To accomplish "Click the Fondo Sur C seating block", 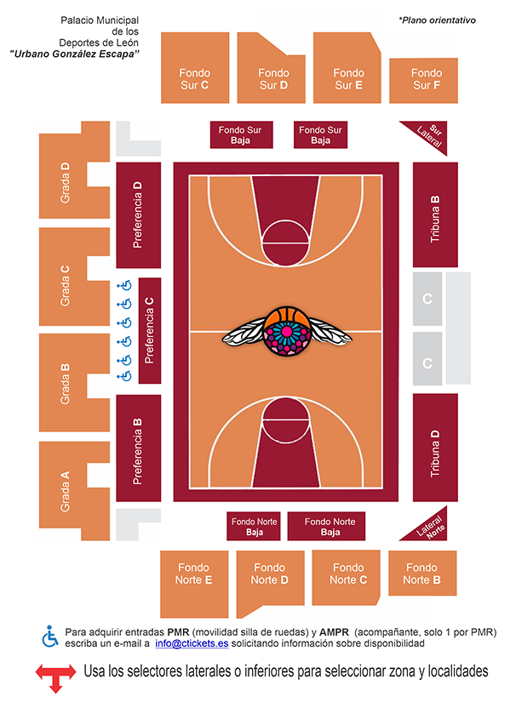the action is coord(195,68).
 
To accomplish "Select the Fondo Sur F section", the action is coord(423,80).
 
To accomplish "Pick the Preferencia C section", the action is coord(150,330).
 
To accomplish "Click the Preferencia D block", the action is coord(138,215).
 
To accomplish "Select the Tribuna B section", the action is coord(435,215).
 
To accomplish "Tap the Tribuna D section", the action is coord(435,448).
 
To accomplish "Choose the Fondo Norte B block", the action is coord(422,573).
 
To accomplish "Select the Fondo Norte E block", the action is coord(194,585).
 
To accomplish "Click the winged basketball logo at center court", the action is coord(286,332).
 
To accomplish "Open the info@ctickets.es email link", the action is coord(192,643).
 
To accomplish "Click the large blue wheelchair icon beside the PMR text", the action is coord(50,637).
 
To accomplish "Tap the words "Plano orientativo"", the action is coord(439,20).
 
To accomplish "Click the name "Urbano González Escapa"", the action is coord(74,54).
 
